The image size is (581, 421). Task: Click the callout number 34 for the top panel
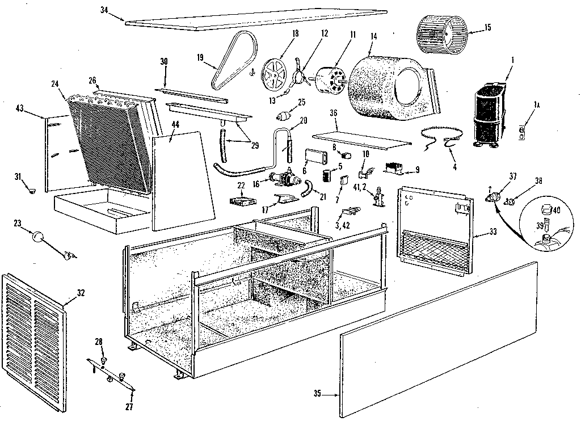104,10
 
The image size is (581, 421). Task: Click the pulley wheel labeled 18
276,74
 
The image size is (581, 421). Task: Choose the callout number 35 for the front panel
317,394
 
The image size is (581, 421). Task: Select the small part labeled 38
510,199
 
